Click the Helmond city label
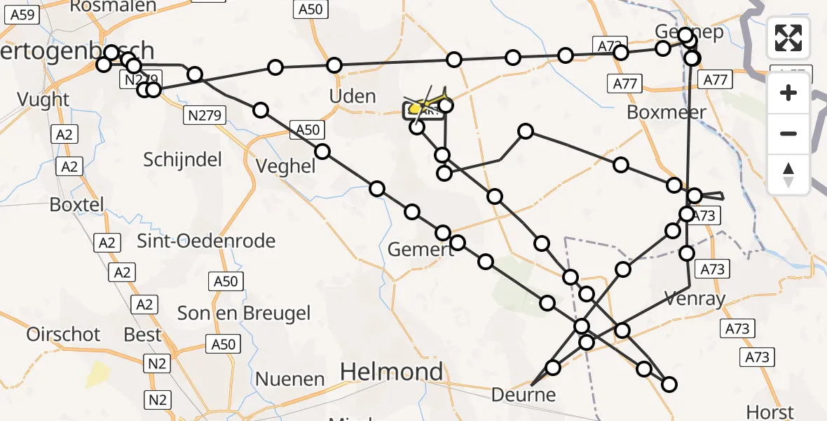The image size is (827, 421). (x=392, y=372)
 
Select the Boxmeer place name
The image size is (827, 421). (x=667, y=112)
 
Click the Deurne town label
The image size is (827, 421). (x=524, y=394)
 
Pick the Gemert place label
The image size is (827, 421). (x=420, y=250)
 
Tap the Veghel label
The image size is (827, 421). (x=286, y=166)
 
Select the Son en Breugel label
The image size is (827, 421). (x=244, y=313)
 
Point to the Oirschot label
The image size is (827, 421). (x=64, y=334)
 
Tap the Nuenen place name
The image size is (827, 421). (x=290, y=380)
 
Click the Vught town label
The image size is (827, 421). (x=44, y=100)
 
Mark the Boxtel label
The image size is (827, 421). (x=76, y=205)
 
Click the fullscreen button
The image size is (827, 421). (x=788, y=38)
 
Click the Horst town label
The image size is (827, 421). (x=770, y=412)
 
